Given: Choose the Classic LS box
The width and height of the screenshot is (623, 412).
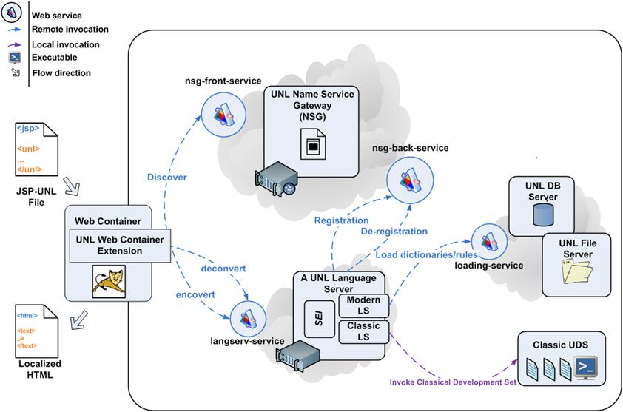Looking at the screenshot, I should coord(363,331).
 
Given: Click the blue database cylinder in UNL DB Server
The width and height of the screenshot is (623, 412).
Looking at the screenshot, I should coord(543,213).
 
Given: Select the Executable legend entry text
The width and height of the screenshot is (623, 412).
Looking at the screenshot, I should coord(54,57).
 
